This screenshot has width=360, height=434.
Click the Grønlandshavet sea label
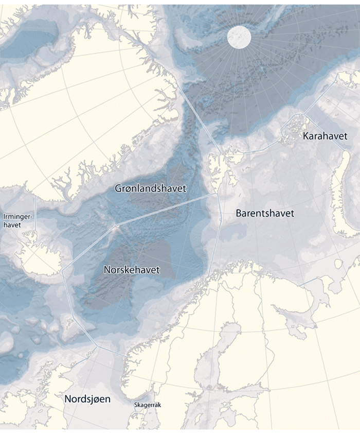point(150,189)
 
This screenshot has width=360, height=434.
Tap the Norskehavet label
point(132,270)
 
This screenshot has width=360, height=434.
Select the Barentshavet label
point(265,213)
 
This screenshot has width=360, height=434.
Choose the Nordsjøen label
point(87,399)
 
